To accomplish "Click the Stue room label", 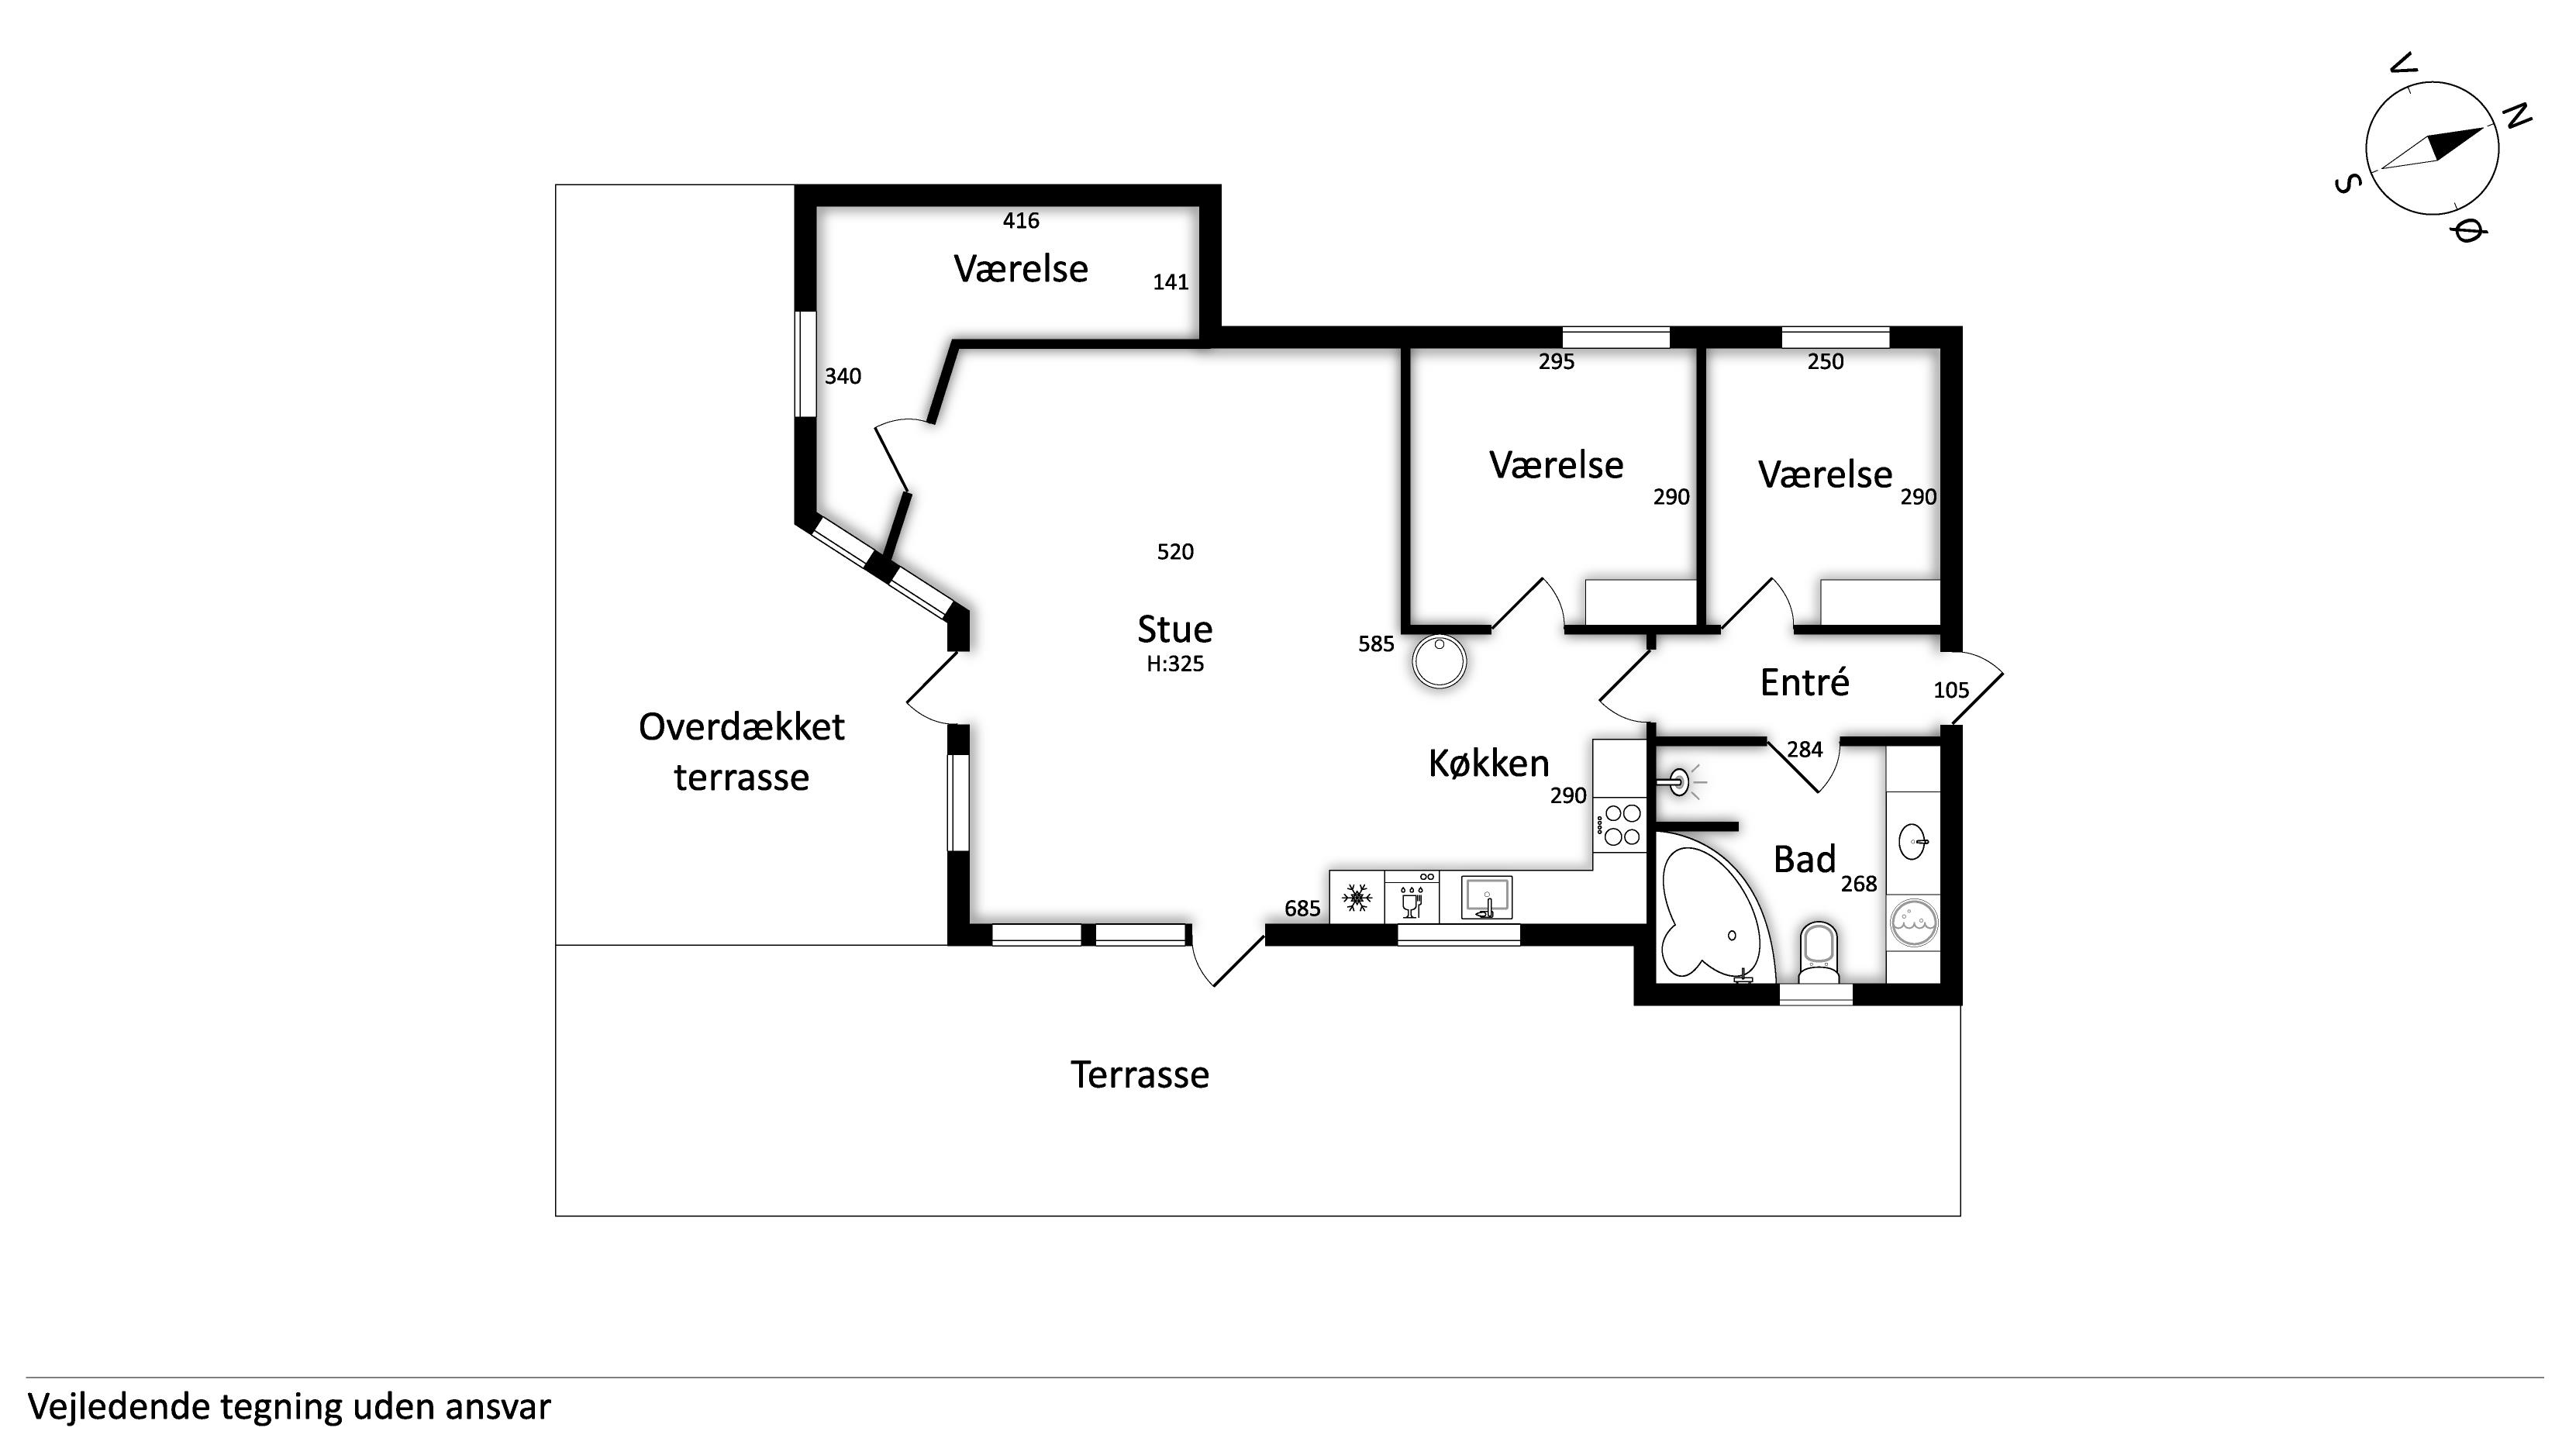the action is click(x=1174, y=629).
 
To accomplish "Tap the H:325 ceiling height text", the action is click(x=1174, y=664).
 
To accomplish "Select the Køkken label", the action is click(x=1489, y=764).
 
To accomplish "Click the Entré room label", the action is click(x=1804, y=682).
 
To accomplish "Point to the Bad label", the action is click(x=1804, y=859).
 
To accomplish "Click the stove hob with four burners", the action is click(x=1619, y=825).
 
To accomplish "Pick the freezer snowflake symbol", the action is click(x=1357, y=898).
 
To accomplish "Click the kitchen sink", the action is click(x=1486, y=898).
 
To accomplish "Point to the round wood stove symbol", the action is click(x=1439, y=662).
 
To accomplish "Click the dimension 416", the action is click(x=1020, y=220).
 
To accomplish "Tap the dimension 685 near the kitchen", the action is click(x=1302, y=909).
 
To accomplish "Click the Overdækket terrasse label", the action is click(x=741, y=752).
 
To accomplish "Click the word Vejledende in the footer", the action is click(x=119, y=1407).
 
